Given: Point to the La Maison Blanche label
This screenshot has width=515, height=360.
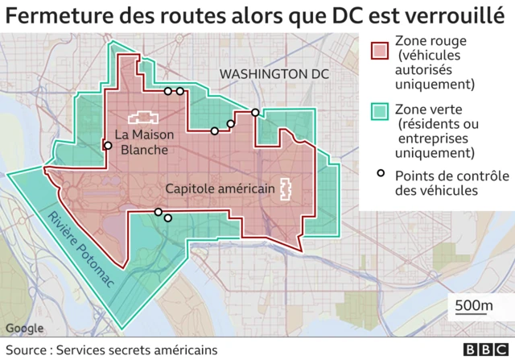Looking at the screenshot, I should tap(142, 142).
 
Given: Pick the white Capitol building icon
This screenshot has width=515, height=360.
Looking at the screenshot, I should tap(285, 188).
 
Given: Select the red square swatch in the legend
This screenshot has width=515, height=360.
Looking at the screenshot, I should tap(379, 50).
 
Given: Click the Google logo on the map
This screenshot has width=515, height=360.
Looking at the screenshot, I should tap(24, 328).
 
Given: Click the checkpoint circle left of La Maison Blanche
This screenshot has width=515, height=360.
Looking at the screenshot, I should tap(107, 146).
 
